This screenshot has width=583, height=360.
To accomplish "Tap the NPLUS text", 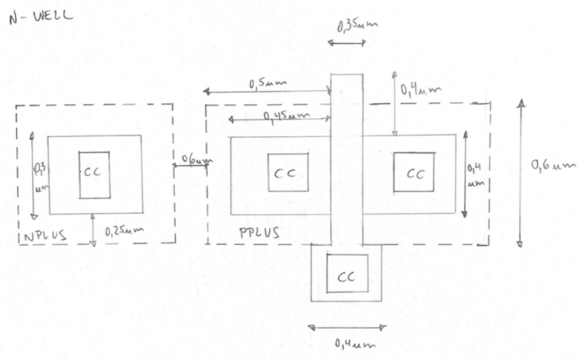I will point(43,236).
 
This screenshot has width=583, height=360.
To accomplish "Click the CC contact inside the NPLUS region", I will point(94,174).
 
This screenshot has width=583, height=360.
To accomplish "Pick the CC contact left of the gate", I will point(288,173).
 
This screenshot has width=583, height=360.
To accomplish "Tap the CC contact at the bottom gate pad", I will point(347,273).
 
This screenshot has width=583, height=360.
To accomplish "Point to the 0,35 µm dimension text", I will point(357,26).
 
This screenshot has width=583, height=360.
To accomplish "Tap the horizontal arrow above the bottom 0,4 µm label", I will point(348,327).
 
